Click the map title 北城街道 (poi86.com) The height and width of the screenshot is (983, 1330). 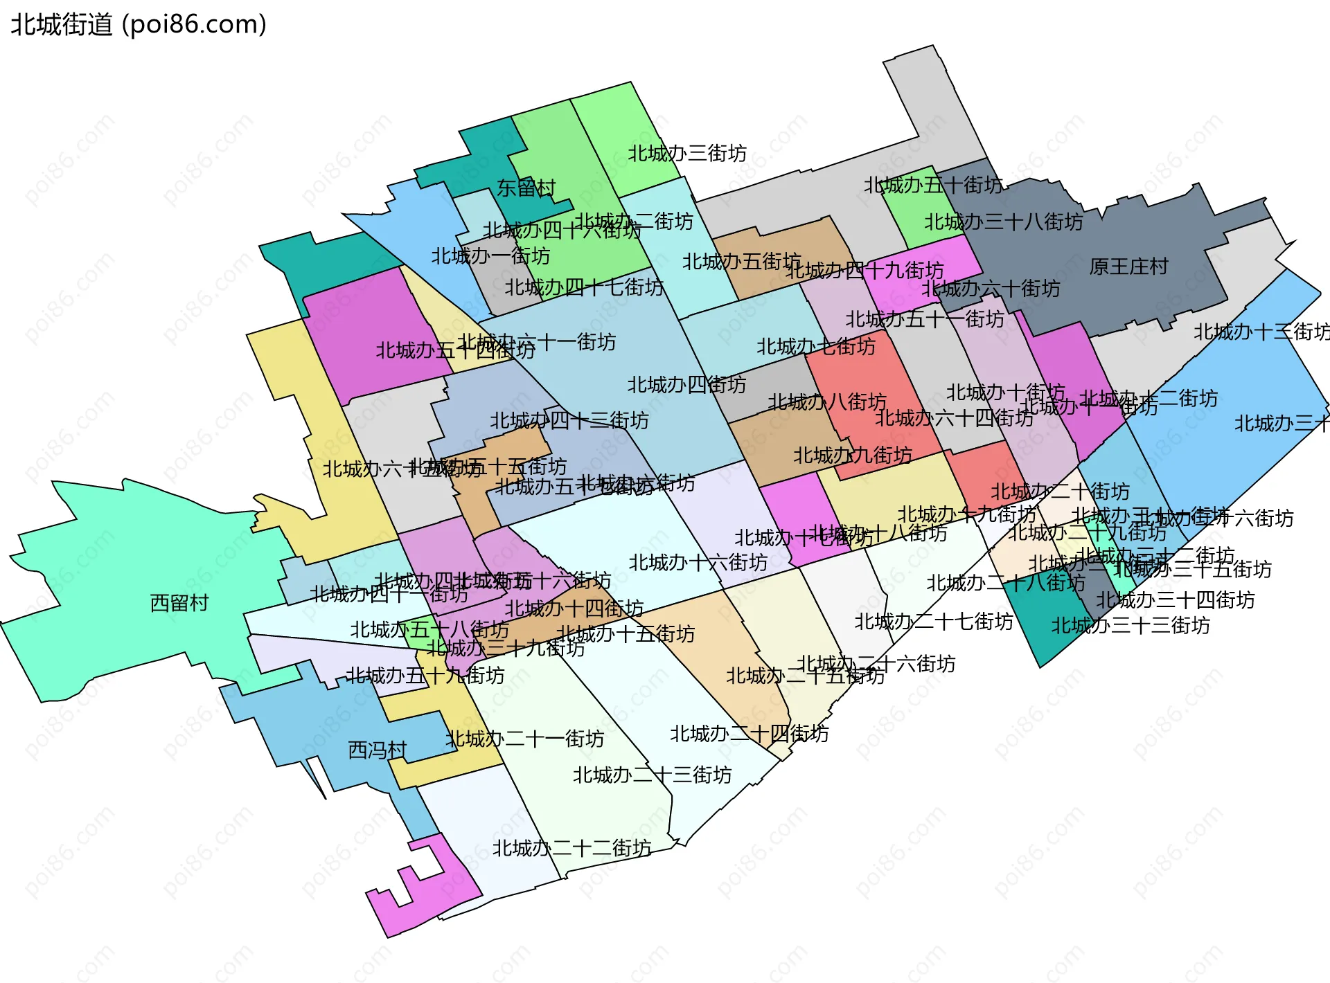pos(139,25)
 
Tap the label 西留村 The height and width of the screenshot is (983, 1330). pos(179,603)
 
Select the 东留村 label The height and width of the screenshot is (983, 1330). pos(526,188)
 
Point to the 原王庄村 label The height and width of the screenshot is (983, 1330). pos(1128,267)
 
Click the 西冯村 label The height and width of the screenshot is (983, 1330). pos(377,750)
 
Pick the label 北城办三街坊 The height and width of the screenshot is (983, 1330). pos(687,153)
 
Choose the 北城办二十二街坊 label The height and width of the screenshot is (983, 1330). pos(571,848)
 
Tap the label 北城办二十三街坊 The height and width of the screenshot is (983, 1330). pos(652,775)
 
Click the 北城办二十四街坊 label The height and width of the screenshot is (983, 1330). pos(749,734)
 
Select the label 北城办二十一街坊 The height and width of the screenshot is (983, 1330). pos(524,739)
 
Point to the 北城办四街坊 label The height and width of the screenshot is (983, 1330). pos(686,385)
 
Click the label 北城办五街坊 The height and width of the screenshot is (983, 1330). pos(741,262)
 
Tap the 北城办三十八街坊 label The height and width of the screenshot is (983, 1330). pos(1003,222)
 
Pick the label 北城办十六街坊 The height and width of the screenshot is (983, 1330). pos(698,563)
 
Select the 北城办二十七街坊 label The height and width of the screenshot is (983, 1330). pos(933,622)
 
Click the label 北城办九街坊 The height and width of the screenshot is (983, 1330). pos(852,456)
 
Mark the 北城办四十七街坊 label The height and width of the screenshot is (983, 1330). pos(583,287)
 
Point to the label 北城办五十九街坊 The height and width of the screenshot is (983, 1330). pos(425,676)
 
